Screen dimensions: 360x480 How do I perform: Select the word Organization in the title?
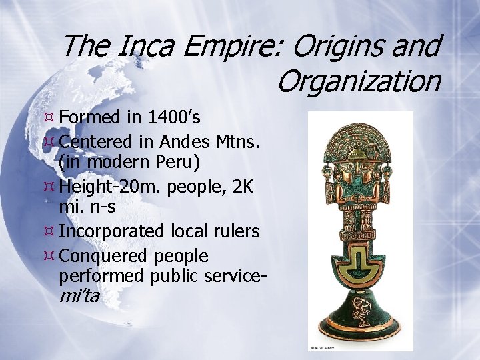coord(358,81)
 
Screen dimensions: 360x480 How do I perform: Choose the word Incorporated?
coord(111,231)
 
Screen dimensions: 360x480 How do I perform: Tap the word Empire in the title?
coord(226,47)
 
